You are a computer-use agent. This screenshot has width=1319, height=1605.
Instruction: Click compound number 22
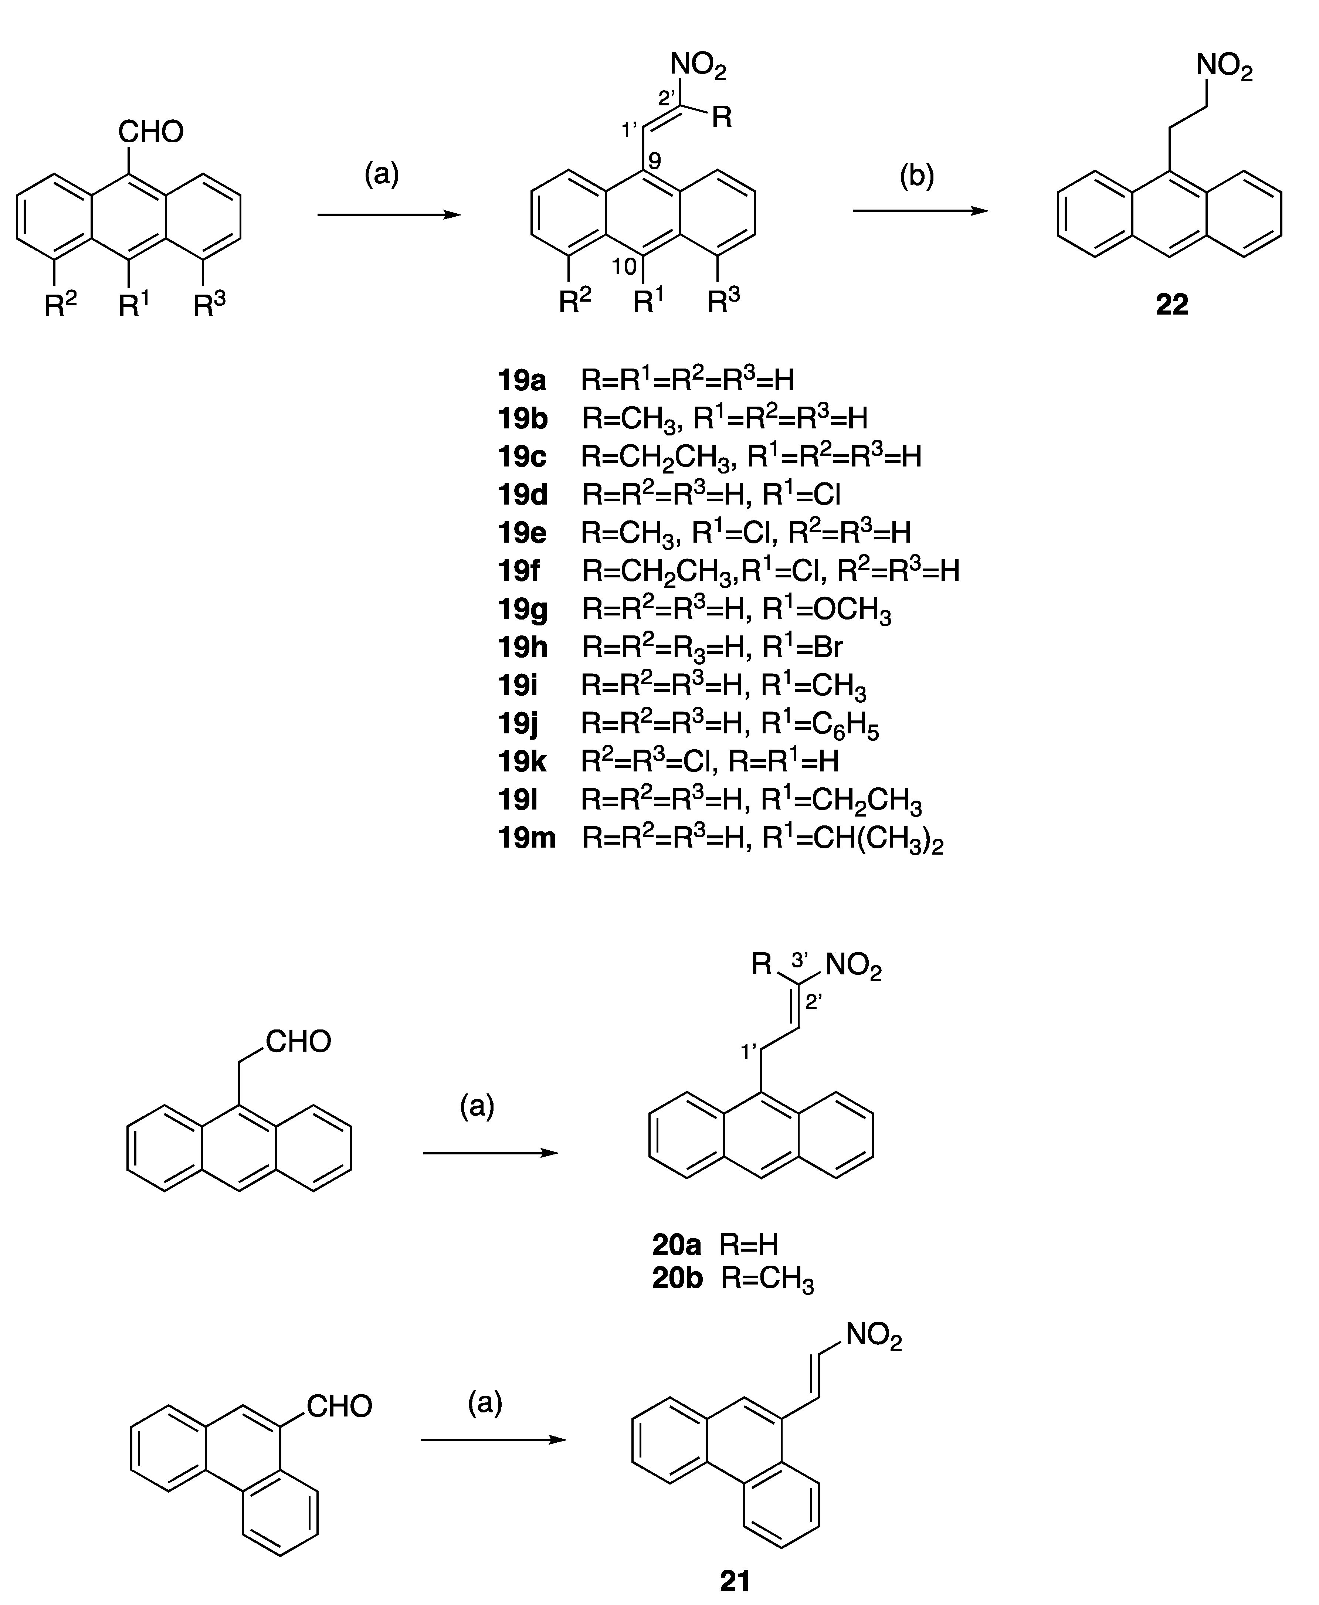[x=1171, y=305]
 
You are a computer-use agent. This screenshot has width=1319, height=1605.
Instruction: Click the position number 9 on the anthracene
[x=655, y=162]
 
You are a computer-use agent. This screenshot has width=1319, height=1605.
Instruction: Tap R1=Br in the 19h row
[x=802, y=647]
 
